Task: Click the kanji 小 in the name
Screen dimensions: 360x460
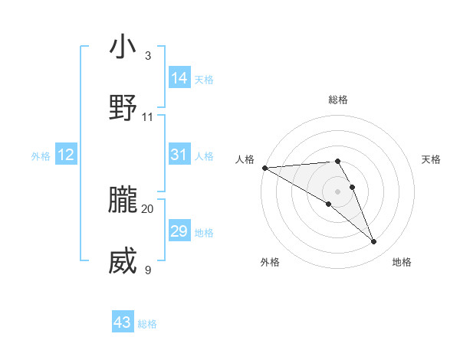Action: (123, 47)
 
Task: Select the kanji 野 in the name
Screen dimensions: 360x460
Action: (123, 108)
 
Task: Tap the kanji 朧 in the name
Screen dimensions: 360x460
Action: (123, 200)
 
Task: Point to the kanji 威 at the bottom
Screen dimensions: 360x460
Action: (123, 261)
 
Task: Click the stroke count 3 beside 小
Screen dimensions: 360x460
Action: (147, 56)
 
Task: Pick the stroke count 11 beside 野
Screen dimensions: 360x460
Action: (147, 117)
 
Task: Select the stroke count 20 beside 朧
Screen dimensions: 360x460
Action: (147, 208)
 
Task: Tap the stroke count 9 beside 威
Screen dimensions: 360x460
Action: (147, 270)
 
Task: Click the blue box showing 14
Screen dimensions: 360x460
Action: (179, 78)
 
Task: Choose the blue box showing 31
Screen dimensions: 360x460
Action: (179, 155)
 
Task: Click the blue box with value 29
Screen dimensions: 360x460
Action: (179, 231)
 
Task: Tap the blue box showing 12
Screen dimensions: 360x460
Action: (66, 155)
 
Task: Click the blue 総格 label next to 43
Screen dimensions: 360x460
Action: (147, 324)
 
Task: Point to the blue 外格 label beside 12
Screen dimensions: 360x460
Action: (41, 156)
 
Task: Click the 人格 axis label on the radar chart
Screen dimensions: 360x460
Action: (244, 159)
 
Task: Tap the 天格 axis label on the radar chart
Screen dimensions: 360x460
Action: (432, 159)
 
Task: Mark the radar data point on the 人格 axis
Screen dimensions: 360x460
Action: (264, 168)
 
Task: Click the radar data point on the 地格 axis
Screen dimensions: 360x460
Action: (374, 242)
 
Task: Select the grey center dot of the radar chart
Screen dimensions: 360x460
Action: (338, 191)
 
